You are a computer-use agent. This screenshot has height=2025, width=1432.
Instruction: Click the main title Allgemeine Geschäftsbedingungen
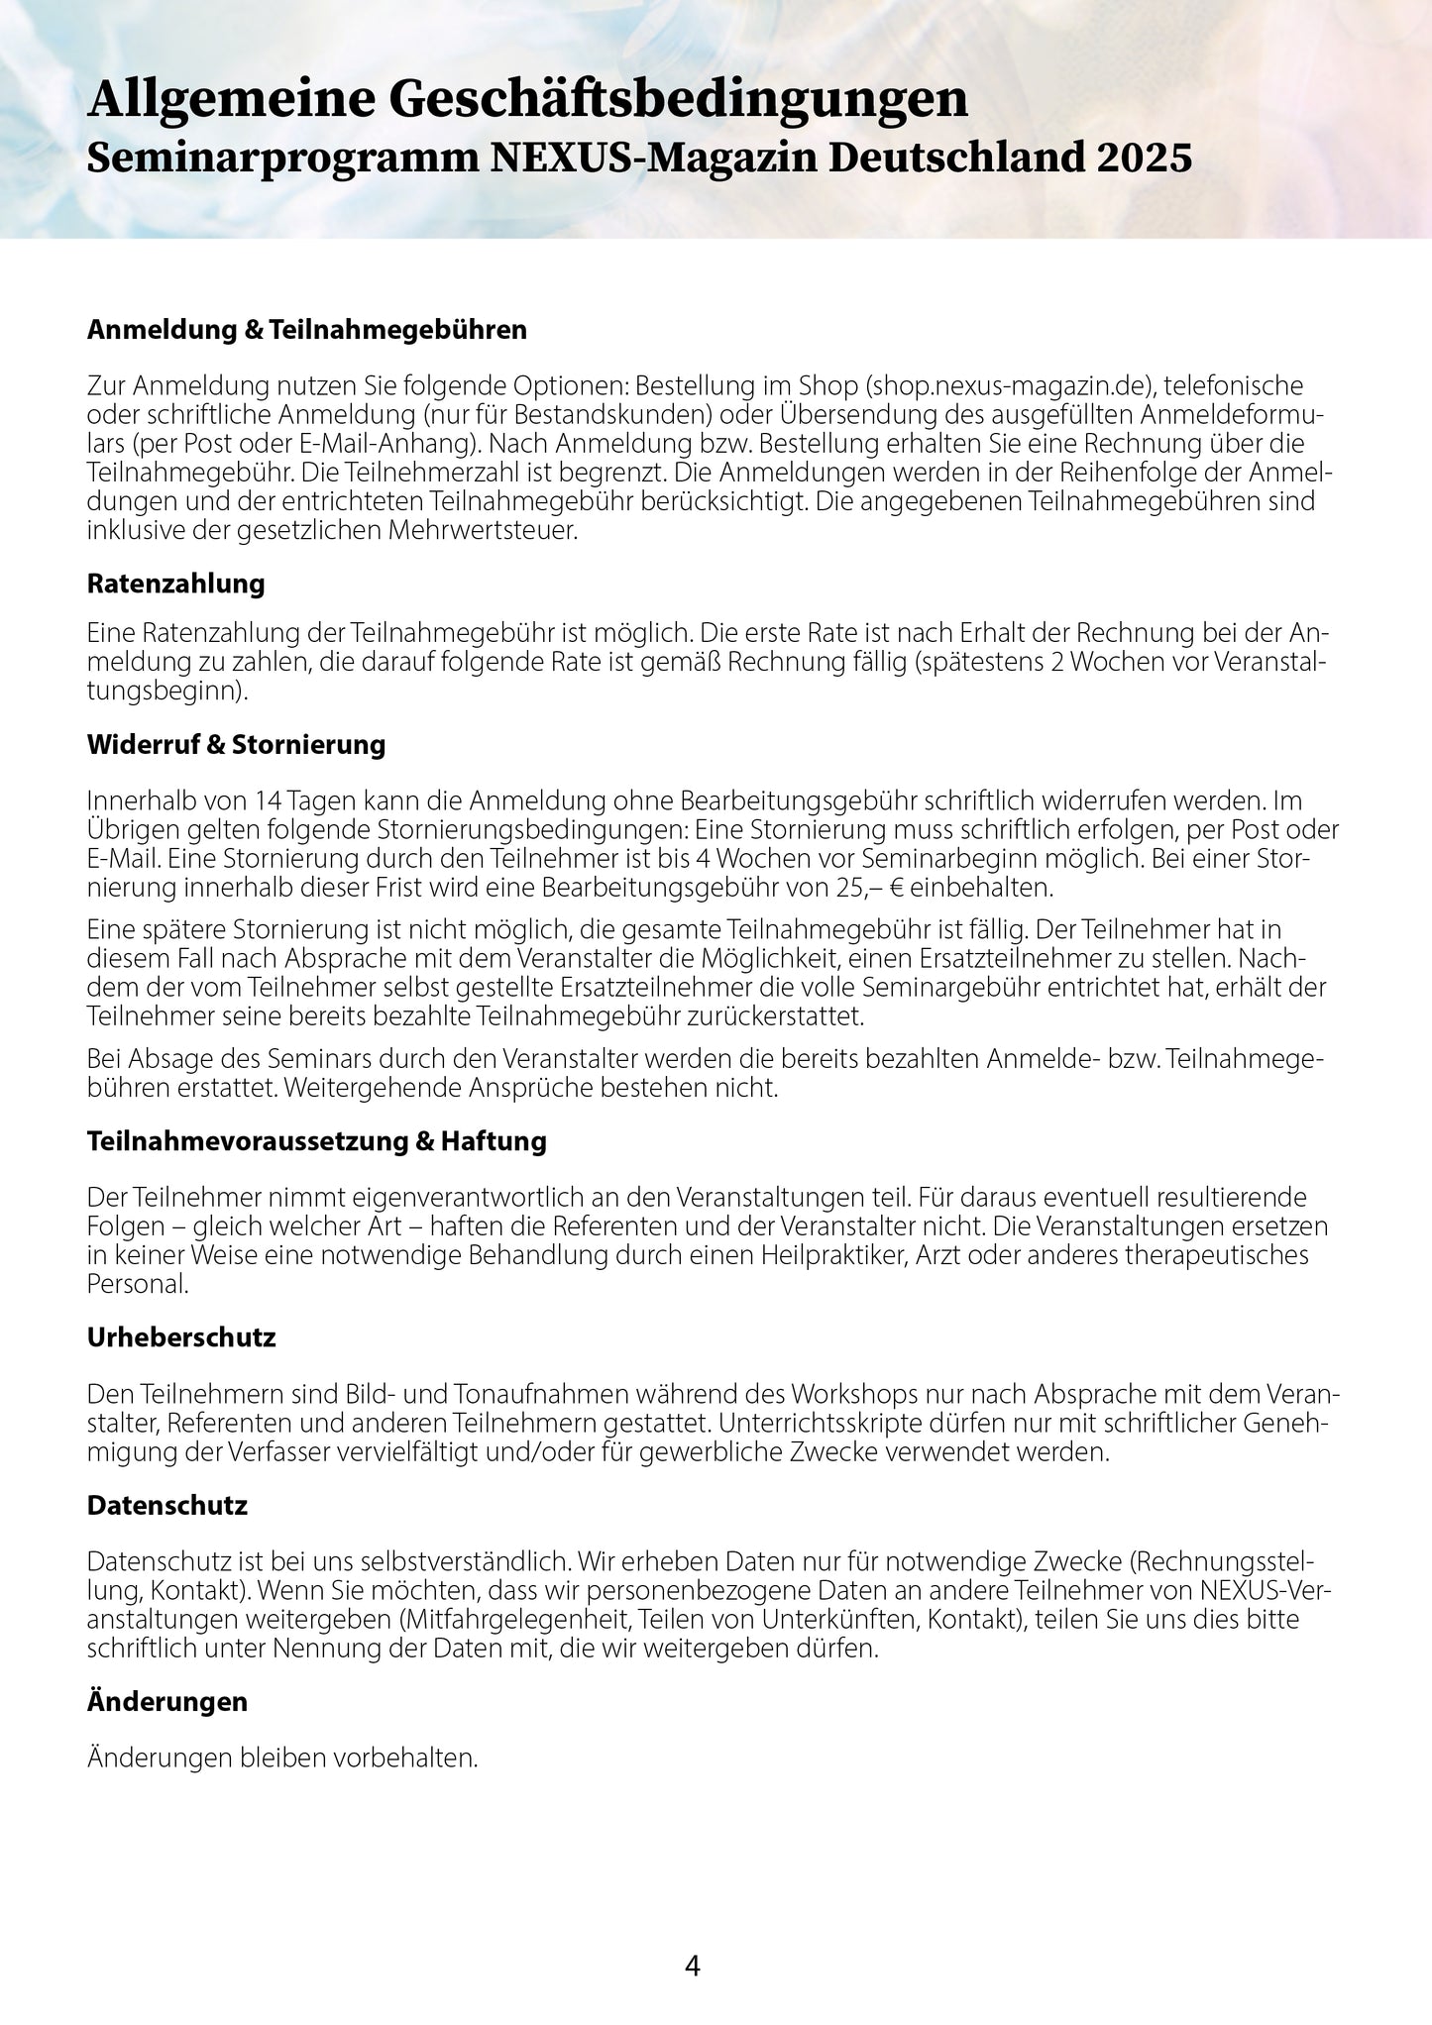(527, 102)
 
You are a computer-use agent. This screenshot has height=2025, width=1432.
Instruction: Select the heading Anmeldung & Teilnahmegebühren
(307, 330)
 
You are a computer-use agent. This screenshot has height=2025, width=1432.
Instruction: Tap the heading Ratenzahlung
(176, 584)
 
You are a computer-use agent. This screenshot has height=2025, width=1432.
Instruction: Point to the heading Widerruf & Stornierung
(236, 745)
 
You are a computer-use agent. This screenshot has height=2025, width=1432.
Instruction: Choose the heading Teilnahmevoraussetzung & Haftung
(317, 1141)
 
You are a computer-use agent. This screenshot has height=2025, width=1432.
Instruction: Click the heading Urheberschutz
(181, 1337)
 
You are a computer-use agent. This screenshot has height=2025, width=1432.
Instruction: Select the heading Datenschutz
(167, 1506)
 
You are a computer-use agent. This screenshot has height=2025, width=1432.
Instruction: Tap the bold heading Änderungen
(167, 1702)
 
